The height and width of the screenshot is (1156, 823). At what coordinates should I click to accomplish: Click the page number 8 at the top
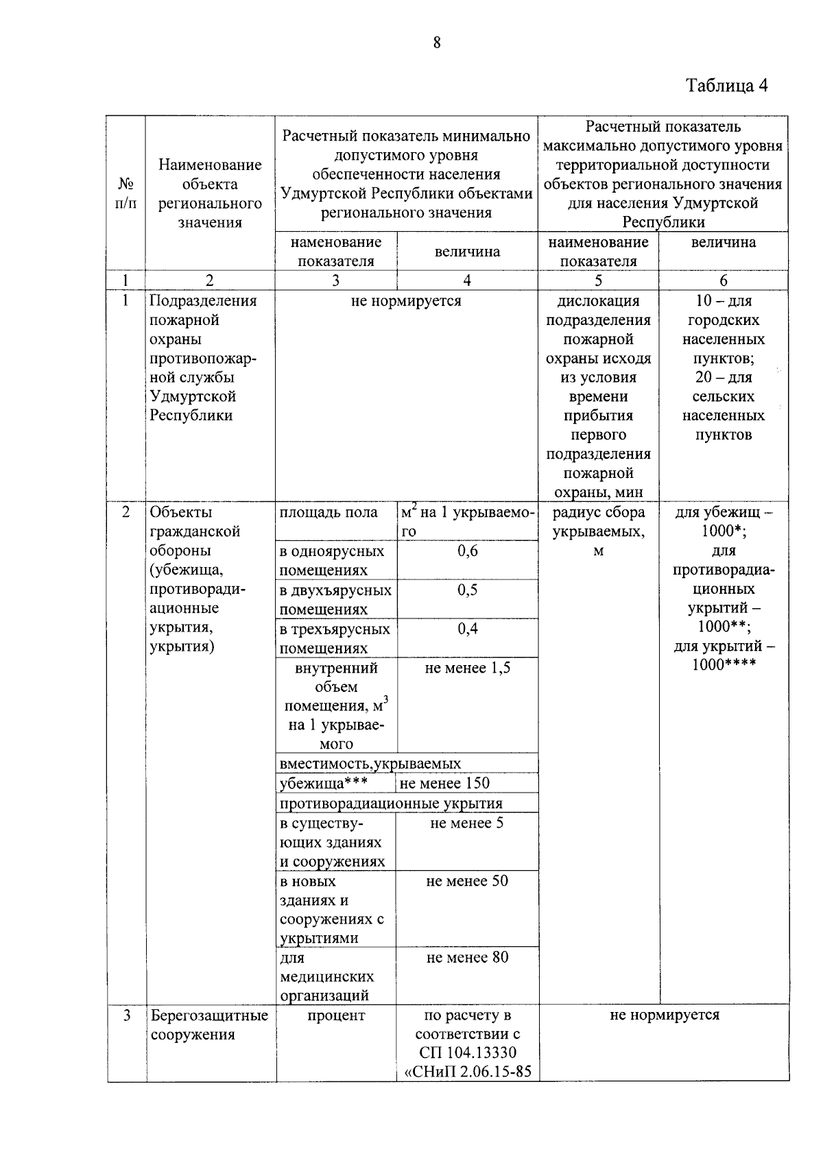[437, 43]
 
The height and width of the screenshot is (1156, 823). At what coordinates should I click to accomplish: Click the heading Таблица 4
[726, 86]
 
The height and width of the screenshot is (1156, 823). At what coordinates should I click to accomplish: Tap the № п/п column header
[126, 193]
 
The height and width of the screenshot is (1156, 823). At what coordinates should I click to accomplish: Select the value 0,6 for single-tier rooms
[468, 551]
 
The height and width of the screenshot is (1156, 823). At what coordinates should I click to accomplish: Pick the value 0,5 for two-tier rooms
[468, 590]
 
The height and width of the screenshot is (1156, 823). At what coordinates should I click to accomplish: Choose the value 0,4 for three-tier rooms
[468, 629]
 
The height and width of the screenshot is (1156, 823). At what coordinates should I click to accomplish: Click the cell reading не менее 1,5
[468, 668]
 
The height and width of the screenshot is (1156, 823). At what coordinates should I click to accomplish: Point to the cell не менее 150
[444, 783]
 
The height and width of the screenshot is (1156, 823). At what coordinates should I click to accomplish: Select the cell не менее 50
[467, 881]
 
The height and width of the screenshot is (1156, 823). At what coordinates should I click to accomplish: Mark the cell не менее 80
[467, 957]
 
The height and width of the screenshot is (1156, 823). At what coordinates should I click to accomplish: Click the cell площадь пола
[329, 512]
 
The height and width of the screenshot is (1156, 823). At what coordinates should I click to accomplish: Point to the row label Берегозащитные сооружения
[209, 1024]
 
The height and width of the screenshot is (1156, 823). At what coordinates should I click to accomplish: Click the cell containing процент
[336, 1015]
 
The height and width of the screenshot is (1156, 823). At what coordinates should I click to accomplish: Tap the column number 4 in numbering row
[467, 280]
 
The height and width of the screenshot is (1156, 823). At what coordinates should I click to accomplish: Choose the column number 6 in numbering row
[724, 280]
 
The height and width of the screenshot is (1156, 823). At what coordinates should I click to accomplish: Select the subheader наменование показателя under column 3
[336, 251]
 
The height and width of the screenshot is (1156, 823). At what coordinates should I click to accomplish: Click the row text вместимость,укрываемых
[370, 763]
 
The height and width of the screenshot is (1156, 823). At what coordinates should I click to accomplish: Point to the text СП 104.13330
[467, 1052]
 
